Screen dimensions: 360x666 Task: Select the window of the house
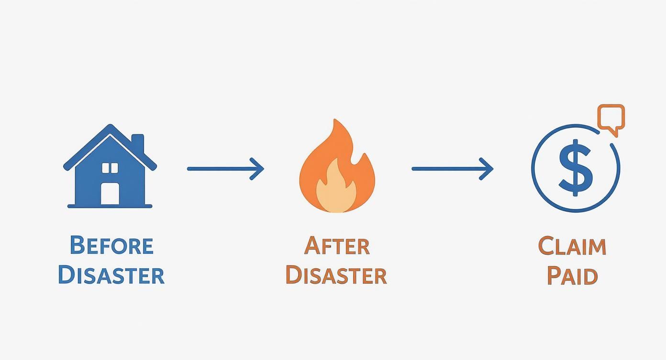click(110, 168)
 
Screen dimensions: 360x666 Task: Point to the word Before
click(111, 245)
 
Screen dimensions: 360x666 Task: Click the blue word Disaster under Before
click(111, 275)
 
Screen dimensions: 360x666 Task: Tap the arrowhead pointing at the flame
click(259, 169)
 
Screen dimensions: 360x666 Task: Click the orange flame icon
click(337, 168)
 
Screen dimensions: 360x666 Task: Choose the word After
click(337, 246)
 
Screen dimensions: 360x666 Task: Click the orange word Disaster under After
click(336, 276)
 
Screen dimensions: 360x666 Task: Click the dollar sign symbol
click(576, 168)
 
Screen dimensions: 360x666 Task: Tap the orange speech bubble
click(611, 117)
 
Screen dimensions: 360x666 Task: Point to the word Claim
click(572, 246)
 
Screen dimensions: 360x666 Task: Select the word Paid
click(572, 276)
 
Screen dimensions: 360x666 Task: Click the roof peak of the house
click(111, 127)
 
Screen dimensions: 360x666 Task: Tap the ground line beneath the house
click(110, 206)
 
